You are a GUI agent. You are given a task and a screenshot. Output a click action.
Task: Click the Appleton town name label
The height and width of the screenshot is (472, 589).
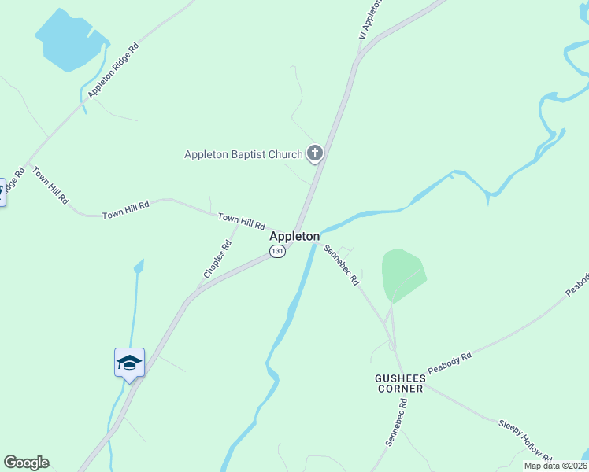tap(294, 236)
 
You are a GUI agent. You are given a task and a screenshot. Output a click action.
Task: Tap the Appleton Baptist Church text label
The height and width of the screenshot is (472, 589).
tap(243, 154)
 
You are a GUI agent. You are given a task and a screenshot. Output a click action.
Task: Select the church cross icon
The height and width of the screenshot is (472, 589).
tap(315, 153)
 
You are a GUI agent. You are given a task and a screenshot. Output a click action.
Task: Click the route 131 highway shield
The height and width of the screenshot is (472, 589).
tap(277, 251)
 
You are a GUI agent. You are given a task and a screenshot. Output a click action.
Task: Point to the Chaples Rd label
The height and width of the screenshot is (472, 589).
tap(217, 259)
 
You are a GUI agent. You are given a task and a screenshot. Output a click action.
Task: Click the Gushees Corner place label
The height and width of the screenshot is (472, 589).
tap(398, 383)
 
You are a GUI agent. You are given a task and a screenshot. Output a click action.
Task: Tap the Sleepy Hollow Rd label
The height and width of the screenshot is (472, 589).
tap(525, 440)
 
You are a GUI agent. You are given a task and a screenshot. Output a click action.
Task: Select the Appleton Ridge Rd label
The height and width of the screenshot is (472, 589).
tap(113, 70)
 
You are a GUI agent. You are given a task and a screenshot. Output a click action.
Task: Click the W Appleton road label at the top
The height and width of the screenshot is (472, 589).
tap(370, 17)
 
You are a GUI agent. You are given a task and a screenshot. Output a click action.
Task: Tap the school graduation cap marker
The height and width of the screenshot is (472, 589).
tap(129, 363)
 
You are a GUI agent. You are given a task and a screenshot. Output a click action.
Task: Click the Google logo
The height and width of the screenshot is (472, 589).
tap(26, 463)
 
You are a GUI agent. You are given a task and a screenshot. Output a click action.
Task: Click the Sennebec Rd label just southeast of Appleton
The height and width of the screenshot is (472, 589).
tap(342, 264)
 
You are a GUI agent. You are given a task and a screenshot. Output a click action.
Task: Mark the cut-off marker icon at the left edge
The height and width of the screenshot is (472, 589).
tap(2, 191)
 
